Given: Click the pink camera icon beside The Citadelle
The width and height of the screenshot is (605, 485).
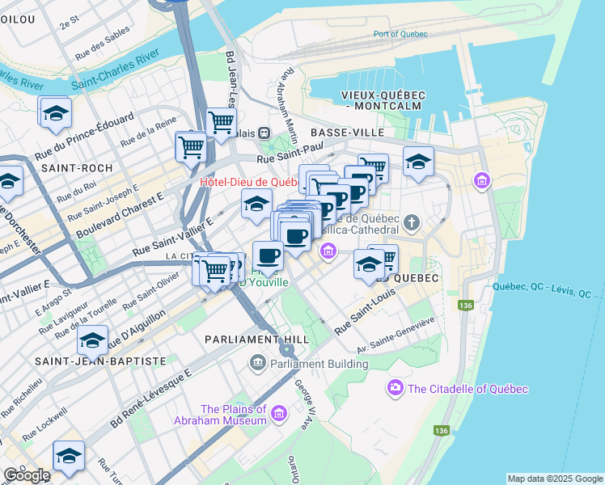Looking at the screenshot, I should (396, 390).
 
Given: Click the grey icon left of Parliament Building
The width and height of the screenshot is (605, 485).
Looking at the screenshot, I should (258, 361).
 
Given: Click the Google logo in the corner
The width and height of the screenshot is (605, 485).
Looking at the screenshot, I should (27, 475).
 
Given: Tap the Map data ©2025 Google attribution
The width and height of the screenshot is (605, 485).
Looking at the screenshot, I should (555, 479).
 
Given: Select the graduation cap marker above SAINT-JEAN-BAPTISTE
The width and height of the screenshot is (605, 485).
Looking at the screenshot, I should (93, 340).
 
